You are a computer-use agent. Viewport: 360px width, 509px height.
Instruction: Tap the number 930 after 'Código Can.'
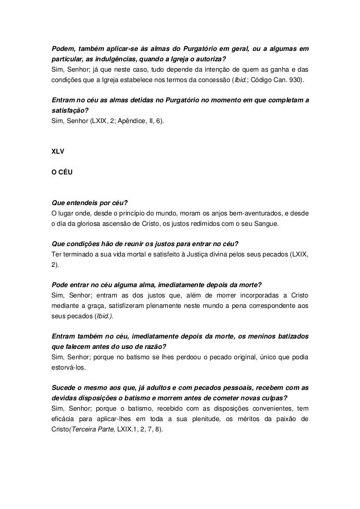(x=298, y=80)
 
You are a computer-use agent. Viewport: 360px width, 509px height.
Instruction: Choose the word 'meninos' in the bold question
(x=266, y=337)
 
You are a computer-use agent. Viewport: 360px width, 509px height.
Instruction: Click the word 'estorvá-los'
(x=68, y=368)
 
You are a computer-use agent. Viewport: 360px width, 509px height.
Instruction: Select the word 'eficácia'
(x=65, y=419)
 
